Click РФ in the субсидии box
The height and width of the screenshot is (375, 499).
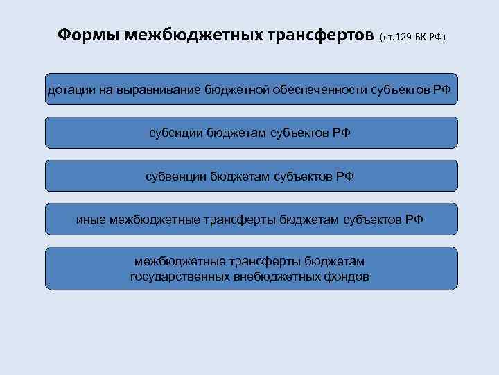[342, 133]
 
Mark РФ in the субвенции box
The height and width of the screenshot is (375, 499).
[344, 176]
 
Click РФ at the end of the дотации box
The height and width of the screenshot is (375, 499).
[443, 90]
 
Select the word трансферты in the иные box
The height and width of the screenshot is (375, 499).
[239, 219]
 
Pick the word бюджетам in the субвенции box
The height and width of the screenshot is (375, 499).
[244, 176]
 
